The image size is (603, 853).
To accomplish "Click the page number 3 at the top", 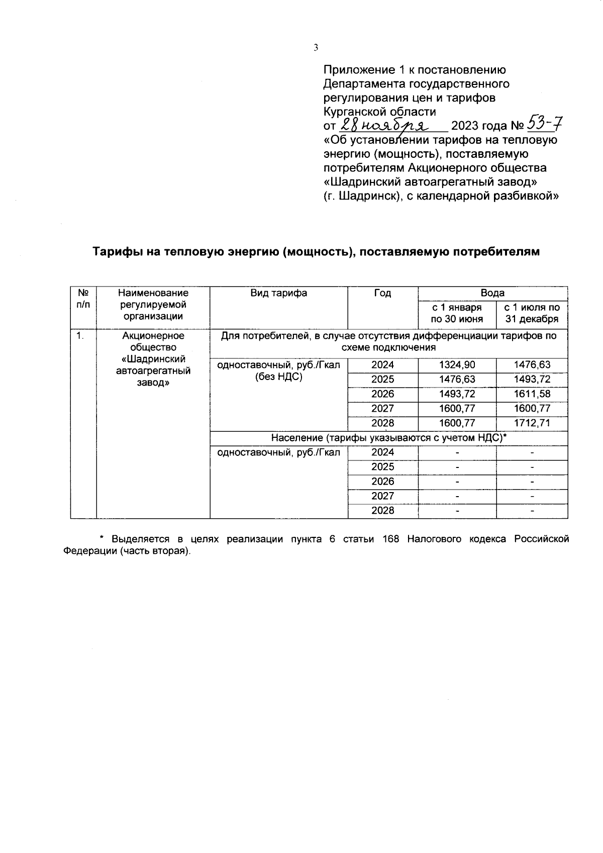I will pyautogui.click(x=316, y=48).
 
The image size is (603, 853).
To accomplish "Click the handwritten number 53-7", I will pyautogui.click(x=544, y=124).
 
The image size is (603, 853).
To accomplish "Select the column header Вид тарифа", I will pyautogui.click(x=279, y=293).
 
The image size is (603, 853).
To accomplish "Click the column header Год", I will pyautogui.click(x=382, y=293).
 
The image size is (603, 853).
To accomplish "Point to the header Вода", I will pyautogui.click(x=492, y=293).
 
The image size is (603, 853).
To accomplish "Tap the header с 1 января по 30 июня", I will pyautogui.click(x=457, y=313).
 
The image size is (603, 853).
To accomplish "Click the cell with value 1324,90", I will pyautogui.click(x=457, y=365).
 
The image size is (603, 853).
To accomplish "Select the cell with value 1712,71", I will pyautogui.click(x=532, y=423).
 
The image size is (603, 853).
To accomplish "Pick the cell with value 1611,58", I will pyautogui.click(x=532, y=394).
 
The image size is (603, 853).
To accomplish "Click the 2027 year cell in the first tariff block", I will pyautogui.click(x=382, y=409).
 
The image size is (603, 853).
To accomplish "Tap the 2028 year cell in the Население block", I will pyautogui.click(x=382, y=511).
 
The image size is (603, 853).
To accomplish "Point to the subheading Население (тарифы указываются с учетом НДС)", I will pyautogui.click(x=388, y=438).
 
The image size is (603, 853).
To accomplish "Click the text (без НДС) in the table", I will pyautogui.click(x=279, y=377).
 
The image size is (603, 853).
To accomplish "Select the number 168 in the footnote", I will pyautogui.click(x=390, y=539).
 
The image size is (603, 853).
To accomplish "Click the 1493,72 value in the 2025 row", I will pyautogui.click(x=532, y=380).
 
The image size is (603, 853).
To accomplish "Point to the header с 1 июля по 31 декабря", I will pyautogui.click(x=532, y=313).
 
